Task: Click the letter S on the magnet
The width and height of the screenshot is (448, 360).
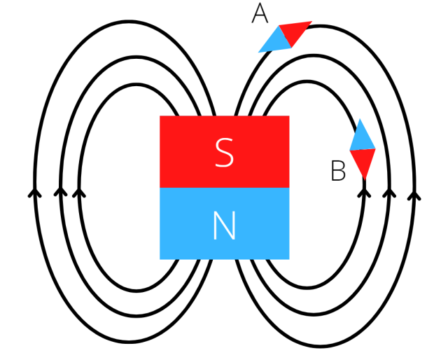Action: coord(224,153)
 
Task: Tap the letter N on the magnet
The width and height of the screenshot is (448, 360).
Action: coord(224,226)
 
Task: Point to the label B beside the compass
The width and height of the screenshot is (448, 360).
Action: coord(338,172)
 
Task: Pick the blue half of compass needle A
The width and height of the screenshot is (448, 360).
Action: coord(274,41)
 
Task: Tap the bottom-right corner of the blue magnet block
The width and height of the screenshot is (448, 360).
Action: coord(288,258)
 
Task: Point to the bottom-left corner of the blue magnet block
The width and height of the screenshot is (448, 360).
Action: coord(161,258)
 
